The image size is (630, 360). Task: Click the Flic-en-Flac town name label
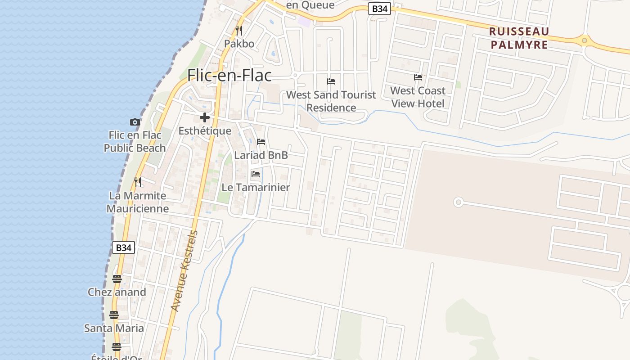(x=229, y=75)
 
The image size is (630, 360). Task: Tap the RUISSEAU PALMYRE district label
(x=519, y=38)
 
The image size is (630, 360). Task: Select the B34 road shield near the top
(x=379, y=9)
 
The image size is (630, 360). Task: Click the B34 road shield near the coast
(x=123, y=247)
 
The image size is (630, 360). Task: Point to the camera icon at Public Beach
(x=135, y=122)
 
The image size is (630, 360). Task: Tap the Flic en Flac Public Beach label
(x=135, y=141)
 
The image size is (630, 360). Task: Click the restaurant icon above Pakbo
(x=239, y=31)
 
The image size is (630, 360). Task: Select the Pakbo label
(x=239, y=44)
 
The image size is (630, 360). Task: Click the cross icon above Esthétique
(x=205, y=118)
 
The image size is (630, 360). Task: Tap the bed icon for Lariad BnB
(x=261, y=142)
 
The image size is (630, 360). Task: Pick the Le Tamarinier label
(x=256, y=187)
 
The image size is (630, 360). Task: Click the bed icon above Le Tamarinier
(x=256, y=174)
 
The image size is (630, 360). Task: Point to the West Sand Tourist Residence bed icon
(x=331, y=81)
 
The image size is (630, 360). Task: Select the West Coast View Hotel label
(x=418, y=97)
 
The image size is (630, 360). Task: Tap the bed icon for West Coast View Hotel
(x=418, y=77)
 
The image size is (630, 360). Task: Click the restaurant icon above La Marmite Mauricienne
(x=138, y=182)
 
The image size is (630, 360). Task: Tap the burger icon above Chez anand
(x=117, y=279)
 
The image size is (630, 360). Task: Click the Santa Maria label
(x=114, y=328)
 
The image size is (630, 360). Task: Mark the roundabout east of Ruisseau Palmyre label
(x=584, y=40)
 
